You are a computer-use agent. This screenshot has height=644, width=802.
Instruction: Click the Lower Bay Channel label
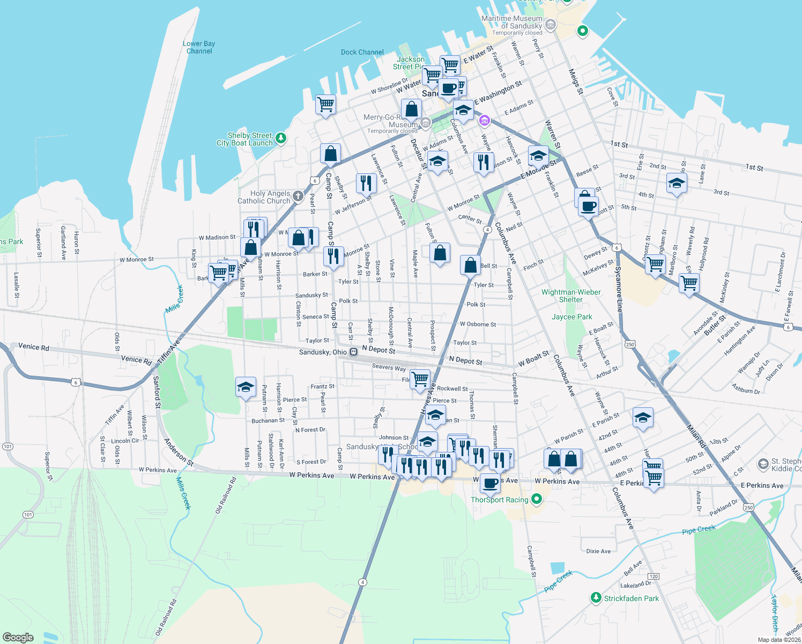pos(199,47)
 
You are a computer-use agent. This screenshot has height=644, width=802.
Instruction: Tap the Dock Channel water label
pos(362,52)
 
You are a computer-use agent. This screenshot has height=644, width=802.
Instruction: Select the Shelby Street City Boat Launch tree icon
pos(280,138)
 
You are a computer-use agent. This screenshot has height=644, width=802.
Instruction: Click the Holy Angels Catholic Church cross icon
pos(298,196)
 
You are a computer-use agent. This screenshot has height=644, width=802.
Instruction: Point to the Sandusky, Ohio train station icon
pos(353,352)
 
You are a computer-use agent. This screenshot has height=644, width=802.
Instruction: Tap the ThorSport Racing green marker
pos(537,500)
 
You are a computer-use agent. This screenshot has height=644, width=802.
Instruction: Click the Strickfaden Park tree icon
pos(596,598)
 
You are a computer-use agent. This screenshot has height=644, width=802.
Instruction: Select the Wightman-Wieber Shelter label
pos(571,296)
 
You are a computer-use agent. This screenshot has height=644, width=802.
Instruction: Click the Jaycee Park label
pos(572,317)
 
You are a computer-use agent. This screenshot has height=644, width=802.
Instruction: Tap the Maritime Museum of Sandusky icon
pos(550,25)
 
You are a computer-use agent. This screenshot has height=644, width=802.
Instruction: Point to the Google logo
pos(18,637)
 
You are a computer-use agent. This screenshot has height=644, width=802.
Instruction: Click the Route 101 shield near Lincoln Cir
pos(8,447)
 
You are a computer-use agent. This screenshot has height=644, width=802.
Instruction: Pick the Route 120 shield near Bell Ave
pos(653,576)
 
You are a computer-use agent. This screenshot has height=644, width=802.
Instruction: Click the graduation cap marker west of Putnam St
pos(246,387)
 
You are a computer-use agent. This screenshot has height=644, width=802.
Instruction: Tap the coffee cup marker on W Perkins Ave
pos(490,482)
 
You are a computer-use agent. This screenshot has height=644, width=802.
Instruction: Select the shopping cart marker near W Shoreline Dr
pos(325,104)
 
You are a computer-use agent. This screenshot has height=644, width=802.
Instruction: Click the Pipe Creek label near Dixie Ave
pos(699,530)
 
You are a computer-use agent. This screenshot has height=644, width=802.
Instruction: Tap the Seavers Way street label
pos(389,367)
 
